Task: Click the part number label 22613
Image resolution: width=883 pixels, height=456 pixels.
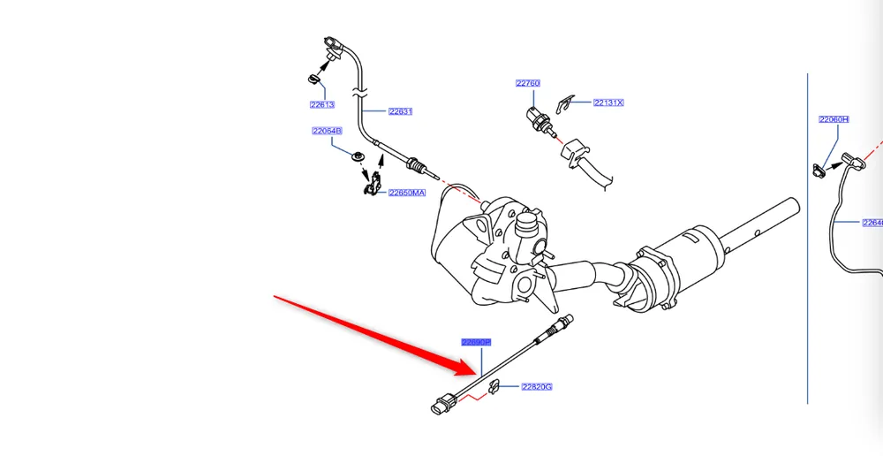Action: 321,104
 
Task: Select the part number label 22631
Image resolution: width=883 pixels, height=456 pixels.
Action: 400,111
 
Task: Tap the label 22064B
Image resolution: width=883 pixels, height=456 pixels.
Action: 326,131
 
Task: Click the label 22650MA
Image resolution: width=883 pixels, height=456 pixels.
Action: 407,193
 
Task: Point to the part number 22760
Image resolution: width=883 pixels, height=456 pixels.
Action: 528,83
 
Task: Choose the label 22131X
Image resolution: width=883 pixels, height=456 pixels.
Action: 608,103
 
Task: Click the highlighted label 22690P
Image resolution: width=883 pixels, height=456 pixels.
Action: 476,342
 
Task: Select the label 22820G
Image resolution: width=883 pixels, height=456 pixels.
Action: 536,386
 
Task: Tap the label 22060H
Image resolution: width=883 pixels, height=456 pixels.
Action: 834,118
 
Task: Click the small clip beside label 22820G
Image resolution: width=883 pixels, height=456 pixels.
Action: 495,385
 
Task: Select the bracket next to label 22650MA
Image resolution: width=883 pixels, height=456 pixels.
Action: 374,186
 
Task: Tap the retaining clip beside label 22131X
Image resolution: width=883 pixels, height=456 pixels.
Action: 570,102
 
